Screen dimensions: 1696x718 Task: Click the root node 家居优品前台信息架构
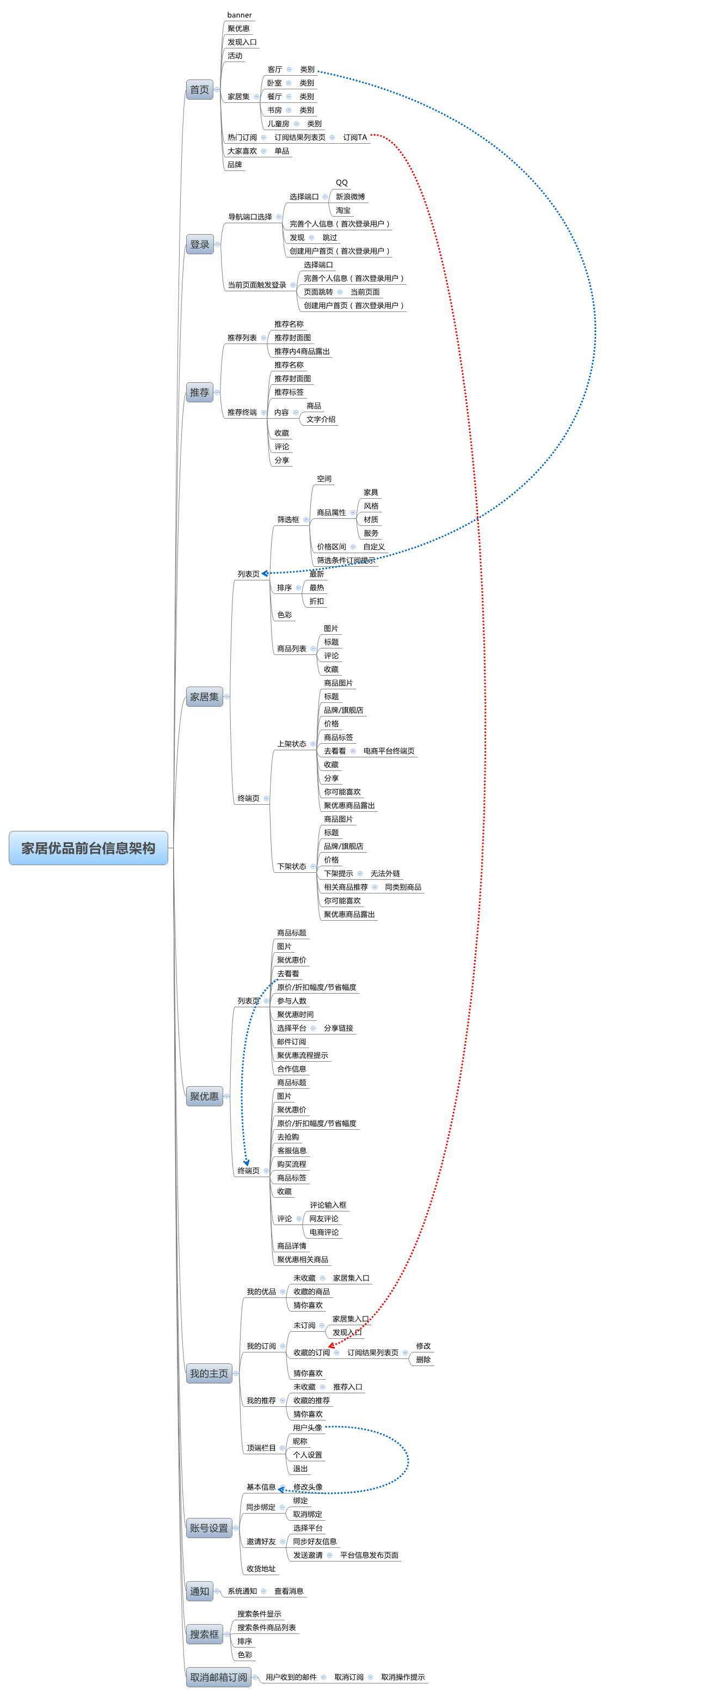88,848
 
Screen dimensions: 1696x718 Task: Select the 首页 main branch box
199,89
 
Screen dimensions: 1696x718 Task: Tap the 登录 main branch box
199,244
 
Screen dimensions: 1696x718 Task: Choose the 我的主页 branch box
208,1373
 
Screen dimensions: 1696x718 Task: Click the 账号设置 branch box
208,1528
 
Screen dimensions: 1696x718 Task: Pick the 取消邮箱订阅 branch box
218,1677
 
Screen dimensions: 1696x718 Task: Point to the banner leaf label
240,15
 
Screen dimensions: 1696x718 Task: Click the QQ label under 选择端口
341,183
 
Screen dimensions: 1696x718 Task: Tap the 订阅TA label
355,138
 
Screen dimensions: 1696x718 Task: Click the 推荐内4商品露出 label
302,352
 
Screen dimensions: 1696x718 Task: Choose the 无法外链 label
385,874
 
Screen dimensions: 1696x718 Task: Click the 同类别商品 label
403,887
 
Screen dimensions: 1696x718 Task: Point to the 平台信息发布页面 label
369,1555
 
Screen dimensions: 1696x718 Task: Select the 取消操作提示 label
403,1677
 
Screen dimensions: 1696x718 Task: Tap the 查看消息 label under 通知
289,1591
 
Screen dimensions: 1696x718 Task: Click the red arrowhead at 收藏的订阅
331,1348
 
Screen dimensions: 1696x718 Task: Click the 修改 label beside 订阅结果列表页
423,1346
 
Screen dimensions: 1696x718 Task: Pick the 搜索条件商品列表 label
267,1627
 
